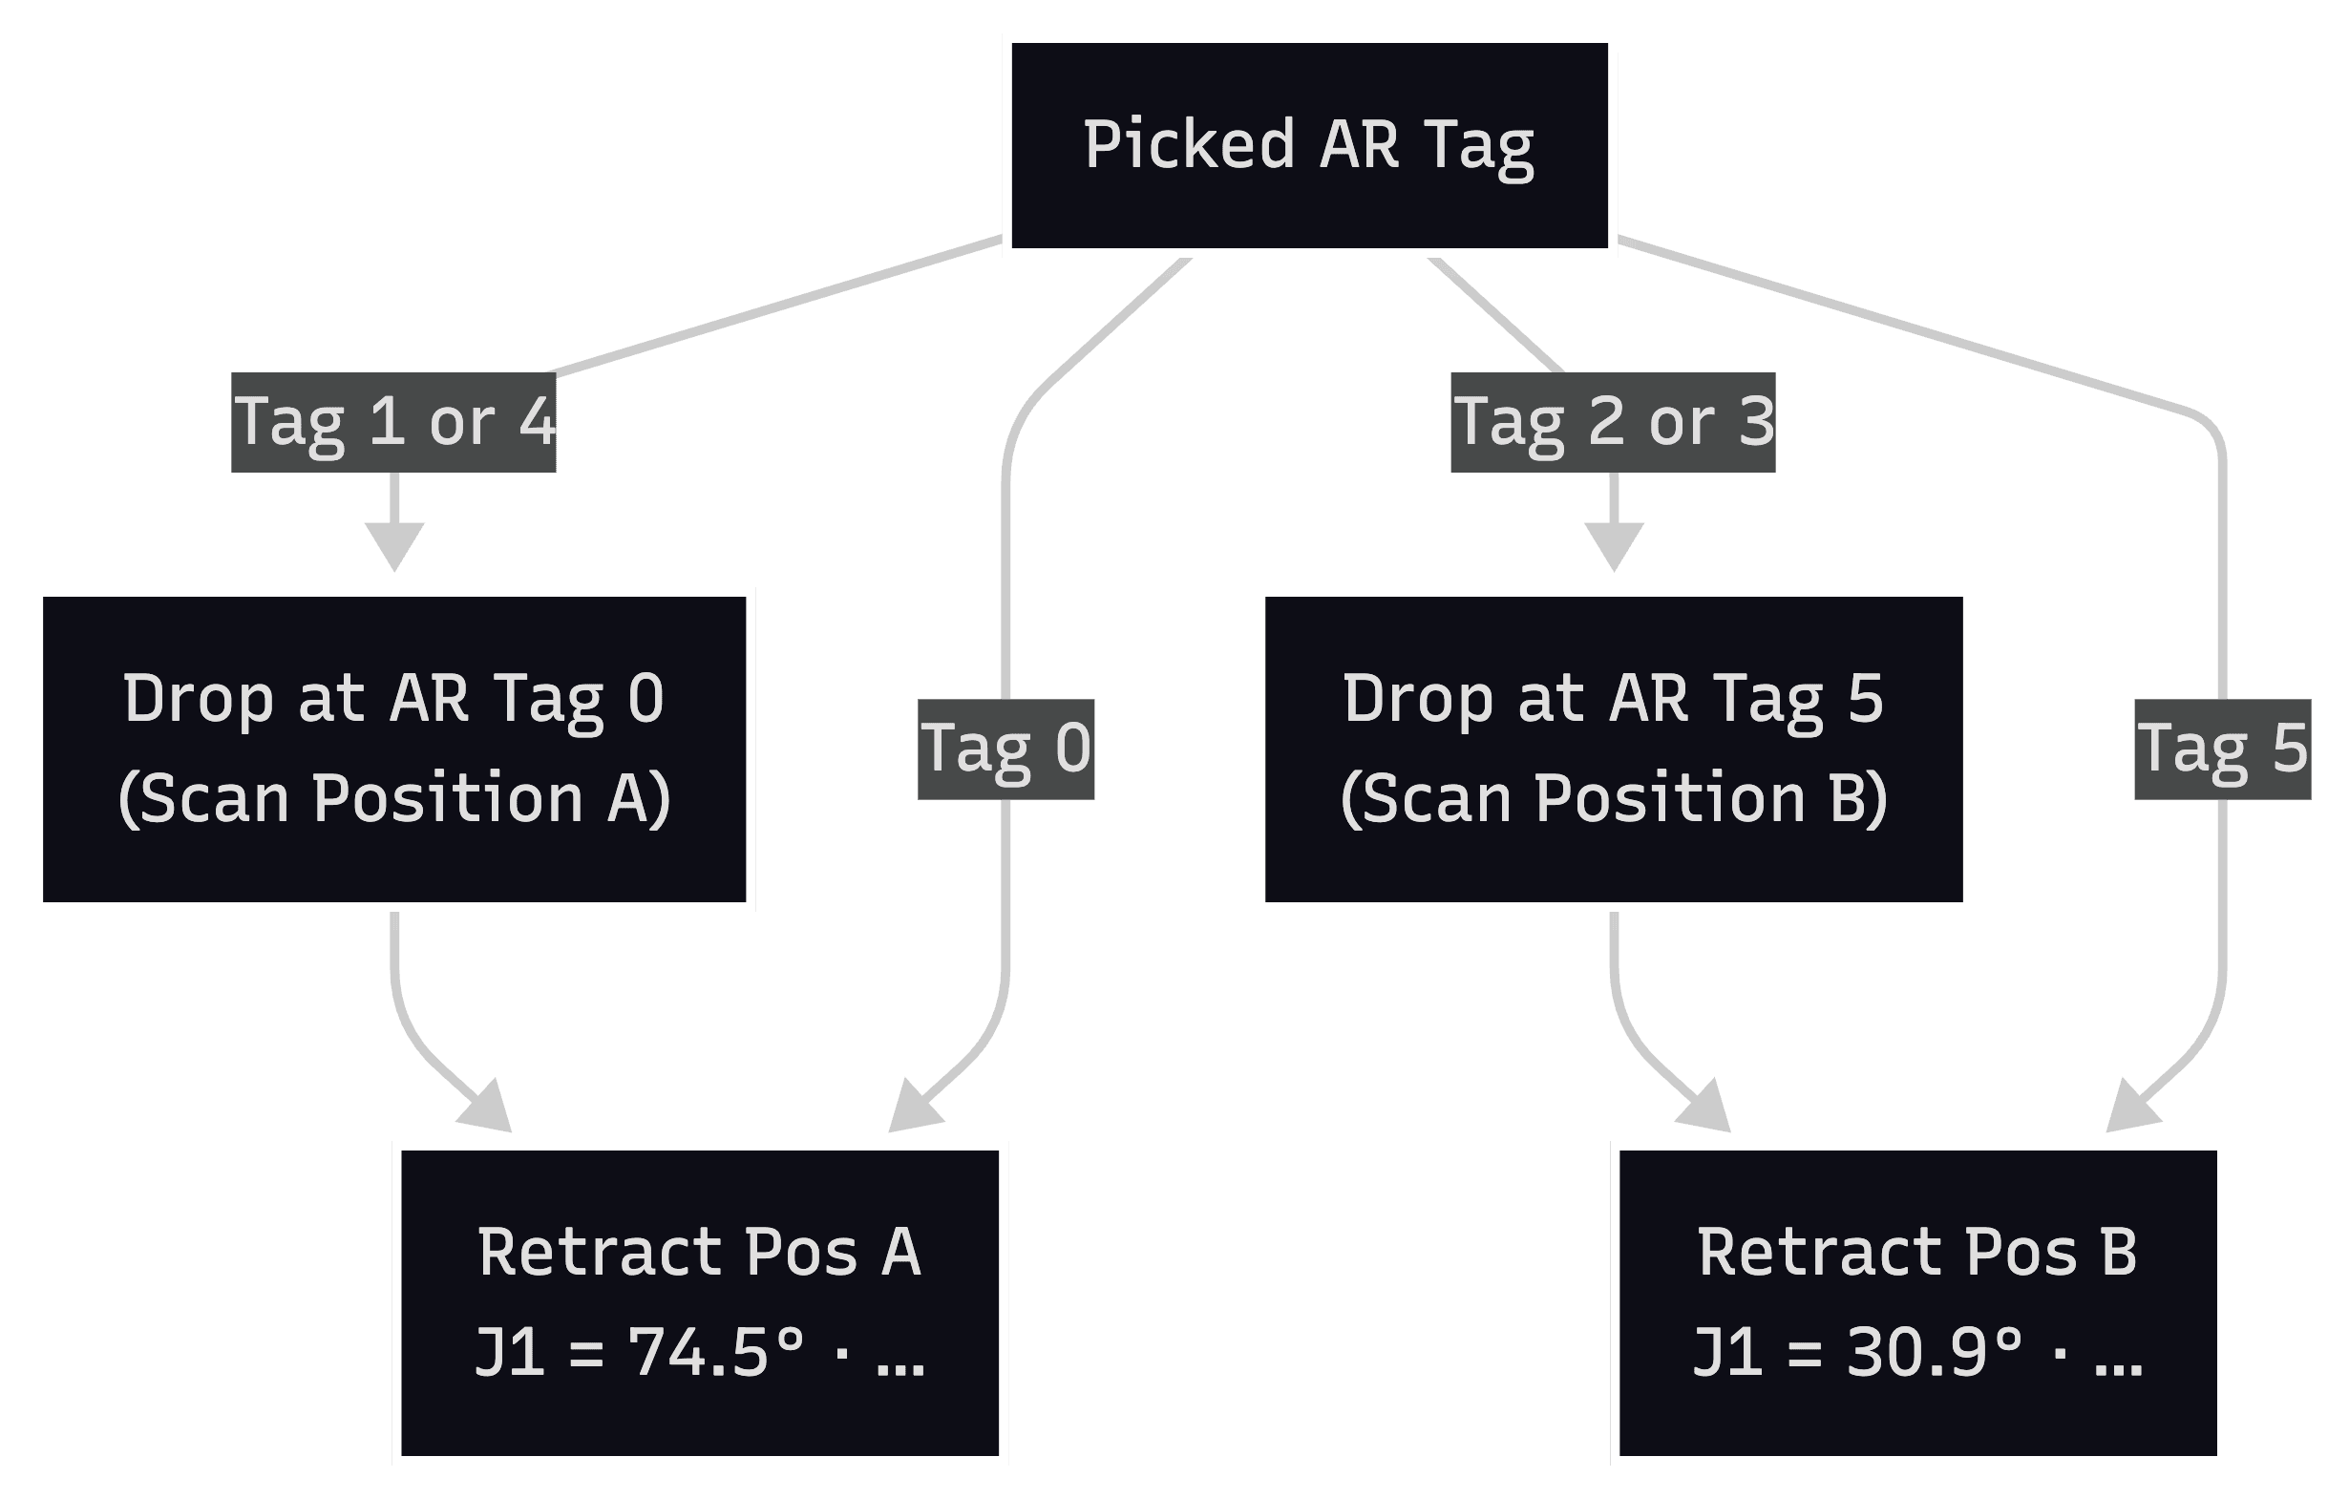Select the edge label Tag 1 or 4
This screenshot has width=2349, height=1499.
coord(393,422)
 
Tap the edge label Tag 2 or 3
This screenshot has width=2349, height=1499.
coord(1613,422)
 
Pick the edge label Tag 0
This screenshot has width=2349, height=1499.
coord(1005,749)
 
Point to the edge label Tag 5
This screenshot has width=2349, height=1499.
coord(2222,749)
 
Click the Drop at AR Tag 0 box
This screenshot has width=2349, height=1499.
coord(394,749)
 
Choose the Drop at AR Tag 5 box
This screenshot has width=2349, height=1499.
coord(1614,749)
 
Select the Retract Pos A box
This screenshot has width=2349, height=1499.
coord(699,1303)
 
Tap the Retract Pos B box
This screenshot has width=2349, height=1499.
coord(1917,1303)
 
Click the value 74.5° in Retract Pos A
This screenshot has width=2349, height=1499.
coord(715,1354)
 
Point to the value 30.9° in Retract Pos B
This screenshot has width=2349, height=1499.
coord(1935,1354)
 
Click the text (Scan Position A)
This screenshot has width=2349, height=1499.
coord(394,799)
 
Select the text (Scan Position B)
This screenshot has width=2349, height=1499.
coord(1614,799)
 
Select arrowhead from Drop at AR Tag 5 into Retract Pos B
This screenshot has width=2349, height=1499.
coord(1708,1110)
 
